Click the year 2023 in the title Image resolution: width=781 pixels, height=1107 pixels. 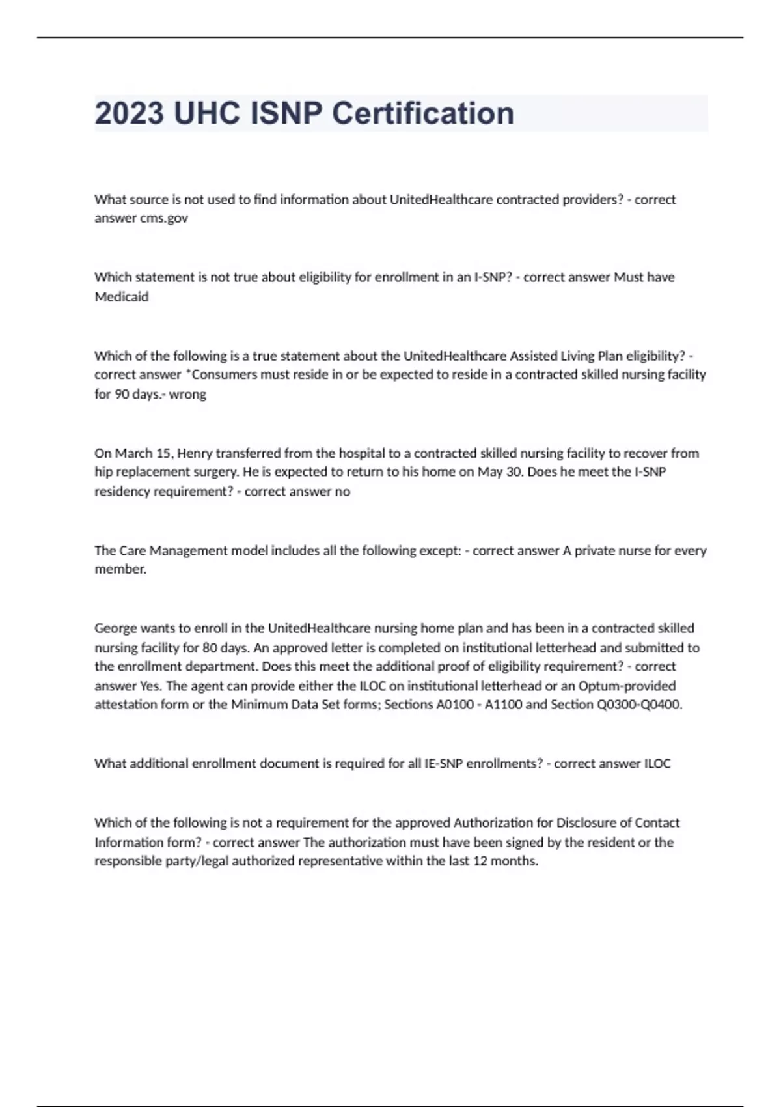pos(130,113)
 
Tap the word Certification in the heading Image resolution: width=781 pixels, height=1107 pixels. pos(423,113)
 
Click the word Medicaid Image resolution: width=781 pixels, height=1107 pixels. pos(122,297)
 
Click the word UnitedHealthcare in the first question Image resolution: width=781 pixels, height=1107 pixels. pos(441,199)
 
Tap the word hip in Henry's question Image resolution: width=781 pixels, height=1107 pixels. pos(103,472)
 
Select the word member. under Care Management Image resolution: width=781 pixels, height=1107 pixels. pos(120,570)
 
